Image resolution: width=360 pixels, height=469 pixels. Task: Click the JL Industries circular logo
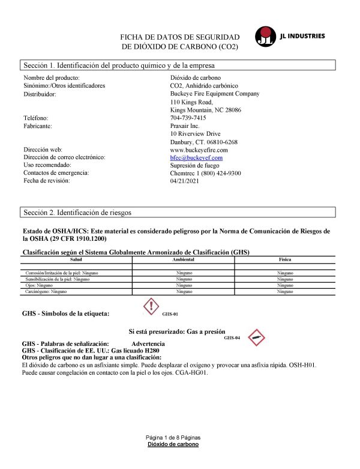click(265, 37)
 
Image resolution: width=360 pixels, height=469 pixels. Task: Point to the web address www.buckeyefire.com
click(199, 150)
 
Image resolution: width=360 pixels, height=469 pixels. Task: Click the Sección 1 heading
click(119, 65)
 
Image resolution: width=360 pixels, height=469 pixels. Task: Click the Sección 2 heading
click(77, 213)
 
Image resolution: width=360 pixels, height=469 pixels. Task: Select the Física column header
click(286, 259)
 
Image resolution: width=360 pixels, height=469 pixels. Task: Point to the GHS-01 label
click(170, 314)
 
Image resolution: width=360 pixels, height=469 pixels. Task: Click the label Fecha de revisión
click(46, 181)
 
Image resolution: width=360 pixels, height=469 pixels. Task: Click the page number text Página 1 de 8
click(173, 437)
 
